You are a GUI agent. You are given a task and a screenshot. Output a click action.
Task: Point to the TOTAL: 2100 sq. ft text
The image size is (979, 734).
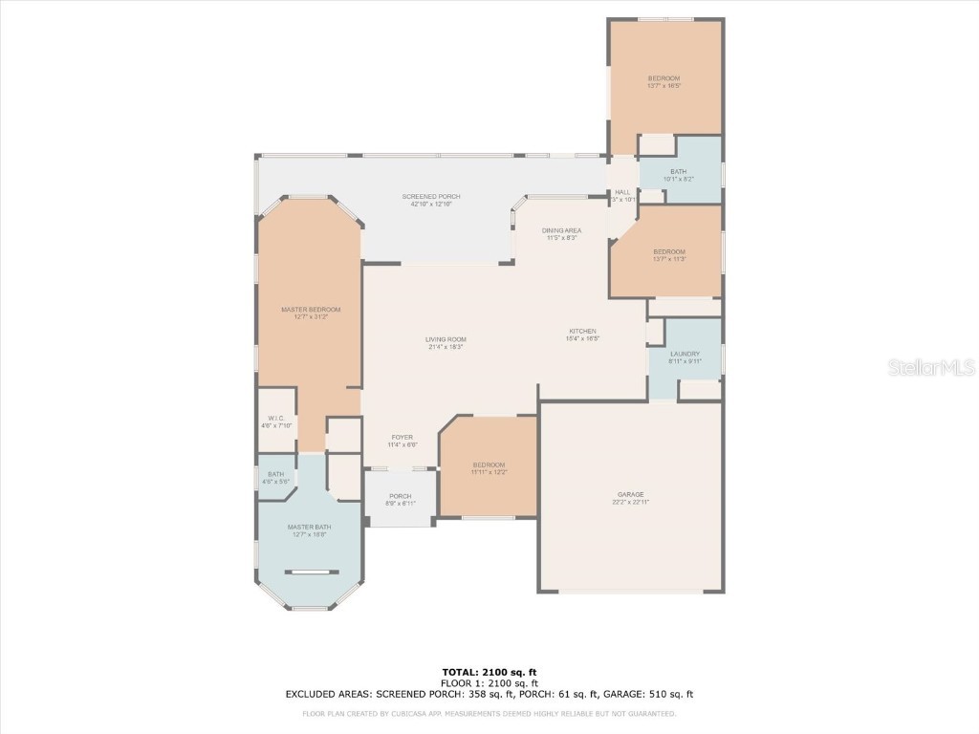[x=489, y=672]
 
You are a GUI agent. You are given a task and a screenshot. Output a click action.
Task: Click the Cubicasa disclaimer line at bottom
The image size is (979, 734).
[x=489, y=713]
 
